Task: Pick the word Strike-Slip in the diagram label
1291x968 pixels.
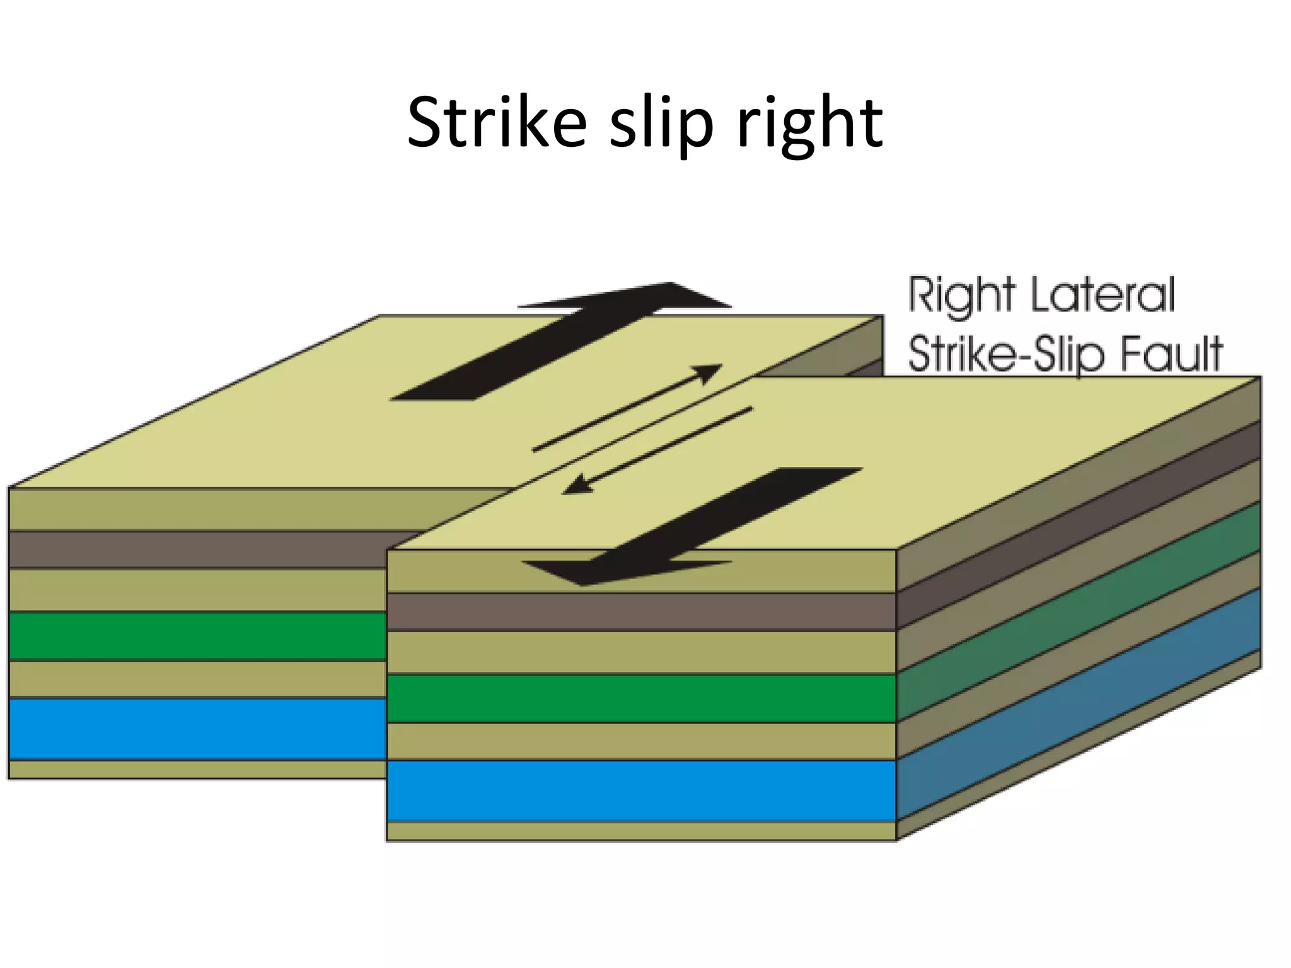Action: (1005, 355)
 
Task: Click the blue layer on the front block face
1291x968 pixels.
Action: (640, 790)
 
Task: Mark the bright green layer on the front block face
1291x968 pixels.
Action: (640, 698)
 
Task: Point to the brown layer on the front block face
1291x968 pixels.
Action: (640, 611)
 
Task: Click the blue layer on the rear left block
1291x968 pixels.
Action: (195, 729)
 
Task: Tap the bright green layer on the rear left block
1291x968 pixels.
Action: (195, 636)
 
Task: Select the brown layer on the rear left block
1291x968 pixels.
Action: (195, 549)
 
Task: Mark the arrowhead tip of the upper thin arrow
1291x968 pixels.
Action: (721, 366)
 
